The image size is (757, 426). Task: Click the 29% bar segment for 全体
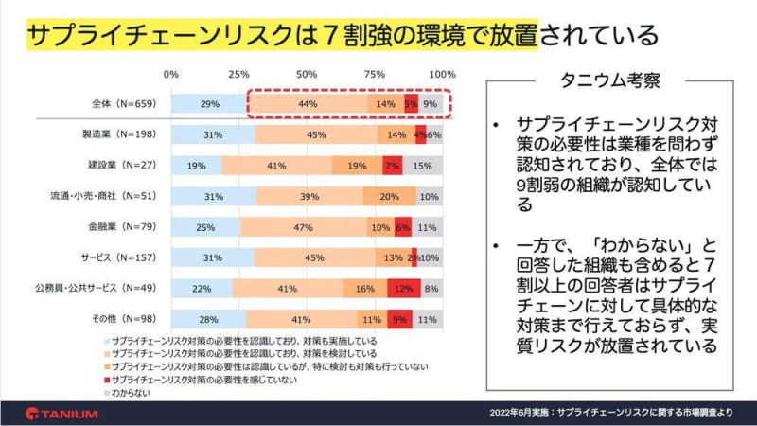pyautogui.click(x=210, y=104)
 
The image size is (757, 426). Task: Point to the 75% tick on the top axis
pyautogui.click(x=375, y=74)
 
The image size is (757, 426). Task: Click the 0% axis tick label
pyautogui.click(x=171, y=74)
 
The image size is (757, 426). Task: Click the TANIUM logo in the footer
pyautogui.click(x=62, y=413)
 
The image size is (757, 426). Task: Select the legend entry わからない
pyautogui.click(x=132, y=389)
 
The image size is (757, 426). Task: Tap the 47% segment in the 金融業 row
pyautogui.click(x=305, y=228)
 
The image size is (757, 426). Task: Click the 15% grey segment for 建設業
pyautogui.click(x=423, y=166)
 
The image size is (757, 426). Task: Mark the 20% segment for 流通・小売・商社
pyautogui.click(x=388, y=197)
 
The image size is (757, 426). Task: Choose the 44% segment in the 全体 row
pyautogui.click(x=309, y=104)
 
